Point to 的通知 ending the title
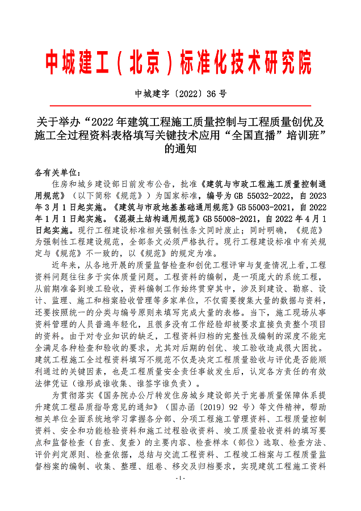(x=180, y=149)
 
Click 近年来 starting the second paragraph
(x=64, y=266)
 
